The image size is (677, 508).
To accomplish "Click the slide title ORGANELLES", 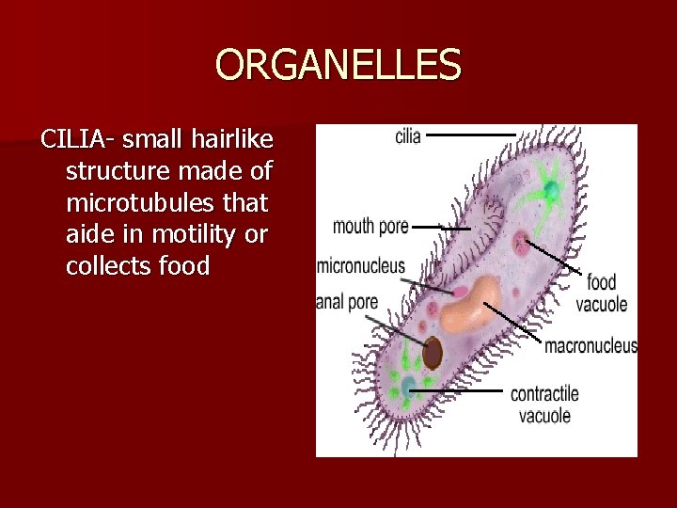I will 338,66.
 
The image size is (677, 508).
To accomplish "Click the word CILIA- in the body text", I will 78,140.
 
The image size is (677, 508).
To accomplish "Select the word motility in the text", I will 194,234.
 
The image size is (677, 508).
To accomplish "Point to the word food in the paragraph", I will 184,266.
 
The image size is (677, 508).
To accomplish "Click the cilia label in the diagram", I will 407,136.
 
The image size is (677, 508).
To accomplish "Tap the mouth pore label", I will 370,227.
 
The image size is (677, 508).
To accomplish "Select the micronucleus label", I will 361,265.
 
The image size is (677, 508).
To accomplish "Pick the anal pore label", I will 347,302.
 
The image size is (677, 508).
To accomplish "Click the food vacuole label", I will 601,294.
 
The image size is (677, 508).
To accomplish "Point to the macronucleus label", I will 590,346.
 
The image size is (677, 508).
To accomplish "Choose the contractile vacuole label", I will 544,404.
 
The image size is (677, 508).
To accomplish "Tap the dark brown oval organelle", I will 433,353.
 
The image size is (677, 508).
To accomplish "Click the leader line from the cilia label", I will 470,135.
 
